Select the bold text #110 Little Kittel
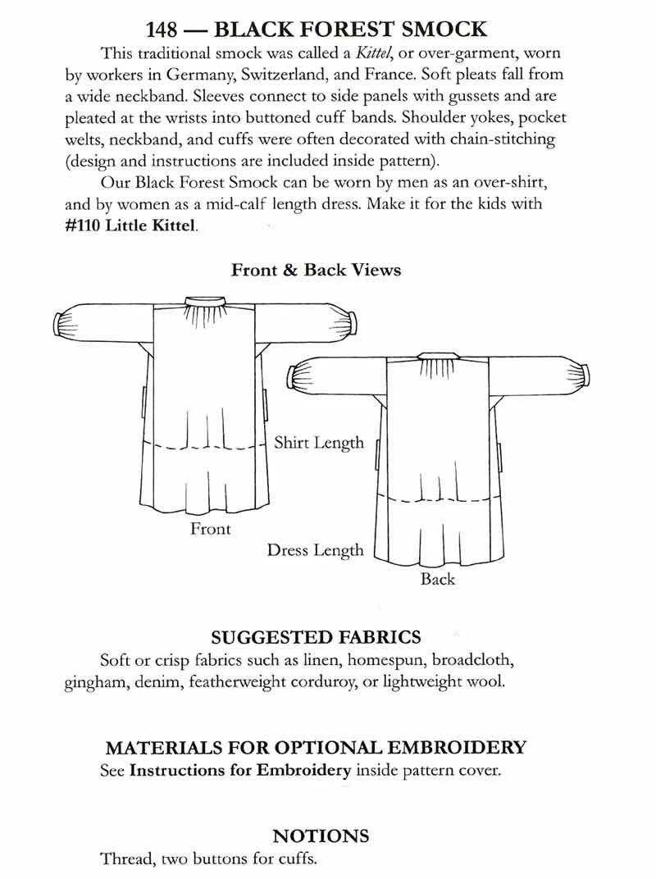click(130, 224)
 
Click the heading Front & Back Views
click(316, 270)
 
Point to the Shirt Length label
click(318, 443)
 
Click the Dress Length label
click(315, 550)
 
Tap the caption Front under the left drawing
click(211, 529)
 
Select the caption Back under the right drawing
click(437, 579)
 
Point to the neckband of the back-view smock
click(433, 355)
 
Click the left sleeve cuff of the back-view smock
click(290, 377)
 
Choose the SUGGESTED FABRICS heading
click(316, 637)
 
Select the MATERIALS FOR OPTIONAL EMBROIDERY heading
click(316, 748)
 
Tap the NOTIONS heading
click(321, 836)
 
